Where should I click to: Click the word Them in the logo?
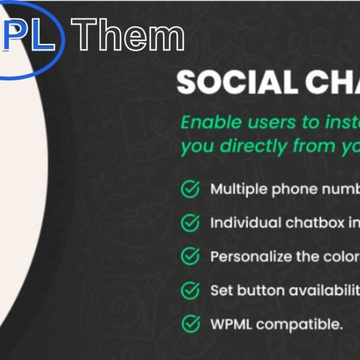[131, 35]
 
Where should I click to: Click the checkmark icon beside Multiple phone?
[190, 190]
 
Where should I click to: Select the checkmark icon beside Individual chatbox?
[190, 223]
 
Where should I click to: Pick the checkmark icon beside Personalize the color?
[190, 257]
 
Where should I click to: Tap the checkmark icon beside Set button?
[190, 291]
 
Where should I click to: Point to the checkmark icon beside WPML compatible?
[190, 325]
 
